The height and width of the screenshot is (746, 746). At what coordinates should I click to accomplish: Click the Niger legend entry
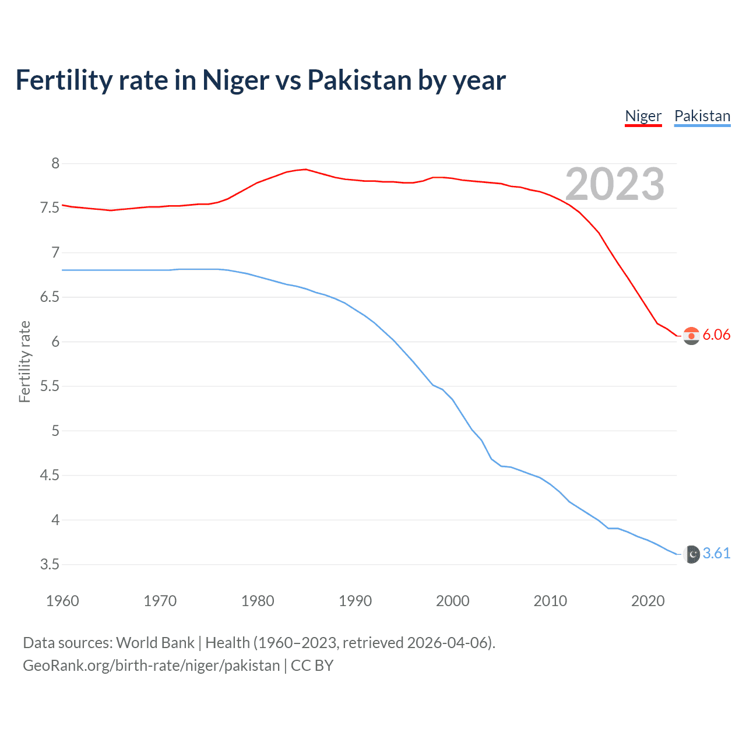tap(643, 116)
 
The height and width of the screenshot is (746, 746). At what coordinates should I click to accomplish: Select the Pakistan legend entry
tap(702, 116)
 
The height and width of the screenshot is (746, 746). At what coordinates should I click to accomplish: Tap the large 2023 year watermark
tap(615, 184)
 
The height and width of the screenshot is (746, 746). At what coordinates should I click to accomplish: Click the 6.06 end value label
tap(716, 335)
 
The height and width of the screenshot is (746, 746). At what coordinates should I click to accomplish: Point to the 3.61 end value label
tap(716, 553)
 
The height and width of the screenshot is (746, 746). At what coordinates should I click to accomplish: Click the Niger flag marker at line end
tap(691, 336)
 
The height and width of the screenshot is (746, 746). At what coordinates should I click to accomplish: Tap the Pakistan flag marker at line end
tap(691, 554)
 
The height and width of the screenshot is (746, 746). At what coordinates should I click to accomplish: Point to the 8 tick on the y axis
tap(55, 163)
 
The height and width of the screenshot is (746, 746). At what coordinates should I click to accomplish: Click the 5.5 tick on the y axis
tap(50, 386)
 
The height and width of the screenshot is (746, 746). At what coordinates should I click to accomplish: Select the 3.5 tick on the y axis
tap(50, 564)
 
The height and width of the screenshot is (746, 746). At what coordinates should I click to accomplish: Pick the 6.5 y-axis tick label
tap(50, 297)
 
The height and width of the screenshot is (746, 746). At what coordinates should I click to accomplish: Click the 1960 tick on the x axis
tap(62, 601)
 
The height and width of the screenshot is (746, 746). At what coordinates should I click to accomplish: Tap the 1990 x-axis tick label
tap(355, 601)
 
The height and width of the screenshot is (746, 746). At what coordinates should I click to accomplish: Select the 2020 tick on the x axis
tap(648, 601)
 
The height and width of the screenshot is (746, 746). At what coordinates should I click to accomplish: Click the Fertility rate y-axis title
tap(24, 361)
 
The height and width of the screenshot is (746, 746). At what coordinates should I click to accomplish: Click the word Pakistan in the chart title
tap(358, 80)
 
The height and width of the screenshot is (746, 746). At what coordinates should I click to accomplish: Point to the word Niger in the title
tap(235, 80)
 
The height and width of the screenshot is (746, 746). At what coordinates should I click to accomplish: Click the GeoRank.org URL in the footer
tap(151, 665)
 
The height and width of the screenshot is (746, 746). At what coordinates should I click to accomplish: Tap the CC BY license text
tap(312, 665)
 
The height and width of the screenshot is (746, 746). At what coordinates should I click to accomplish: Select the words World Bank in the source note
tap(155, 642)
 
